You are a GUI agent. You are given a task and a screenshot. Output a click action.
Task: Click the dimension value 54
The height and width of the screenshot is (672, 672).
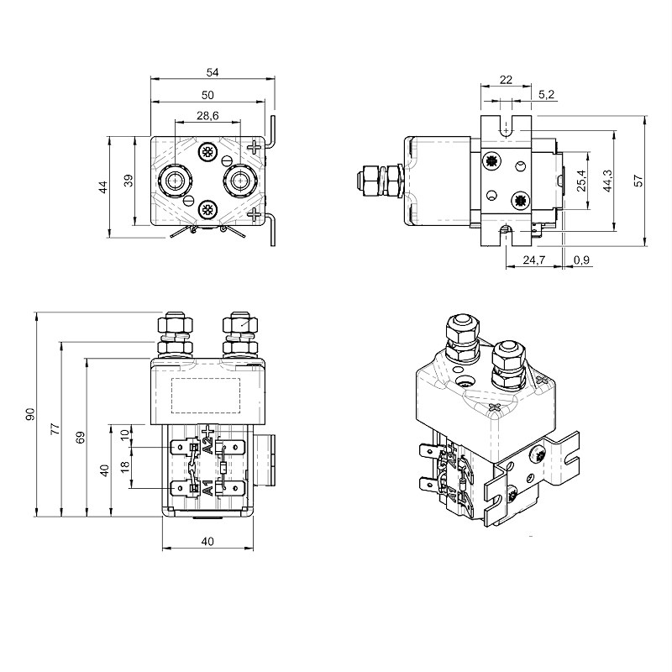click(x=213, y=74)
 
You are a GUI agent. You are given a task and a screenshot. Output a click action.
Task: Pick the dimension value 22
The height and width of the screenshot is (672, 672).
click(x=506, y=79)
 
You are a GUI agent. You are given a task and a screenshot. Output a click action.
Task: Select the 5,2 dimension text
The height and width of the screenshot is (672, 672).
click(x=545, y=95)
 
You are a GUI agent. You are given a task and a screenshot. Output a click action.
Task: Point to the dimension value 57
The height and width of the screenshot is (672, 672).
click(x=638, y=179)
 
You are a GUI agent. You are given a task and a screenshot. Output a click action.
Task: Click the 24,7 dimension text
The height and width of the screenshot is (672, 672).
click(x=534, y=261)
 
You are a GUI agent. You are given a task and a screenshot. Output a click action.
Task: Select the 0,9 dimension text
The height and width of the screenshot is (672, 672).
click(x=581, y=261)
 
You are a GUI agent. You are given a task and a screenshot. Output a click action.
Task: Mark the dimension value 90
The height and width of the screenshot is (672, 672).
click(x=30, y=413)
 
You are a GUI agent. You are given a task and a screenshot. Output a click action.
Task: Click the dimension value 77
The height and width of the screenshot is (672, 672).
click(x=55, y=428)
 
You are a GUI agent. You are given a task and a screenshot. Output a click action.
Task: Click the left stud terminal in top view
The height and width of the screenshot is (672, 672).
click(x=175, y=180)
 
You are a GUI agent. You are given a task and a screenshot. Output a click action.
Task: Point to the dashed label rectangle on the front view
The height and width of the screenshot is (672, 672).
click(x=207, y=396)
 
